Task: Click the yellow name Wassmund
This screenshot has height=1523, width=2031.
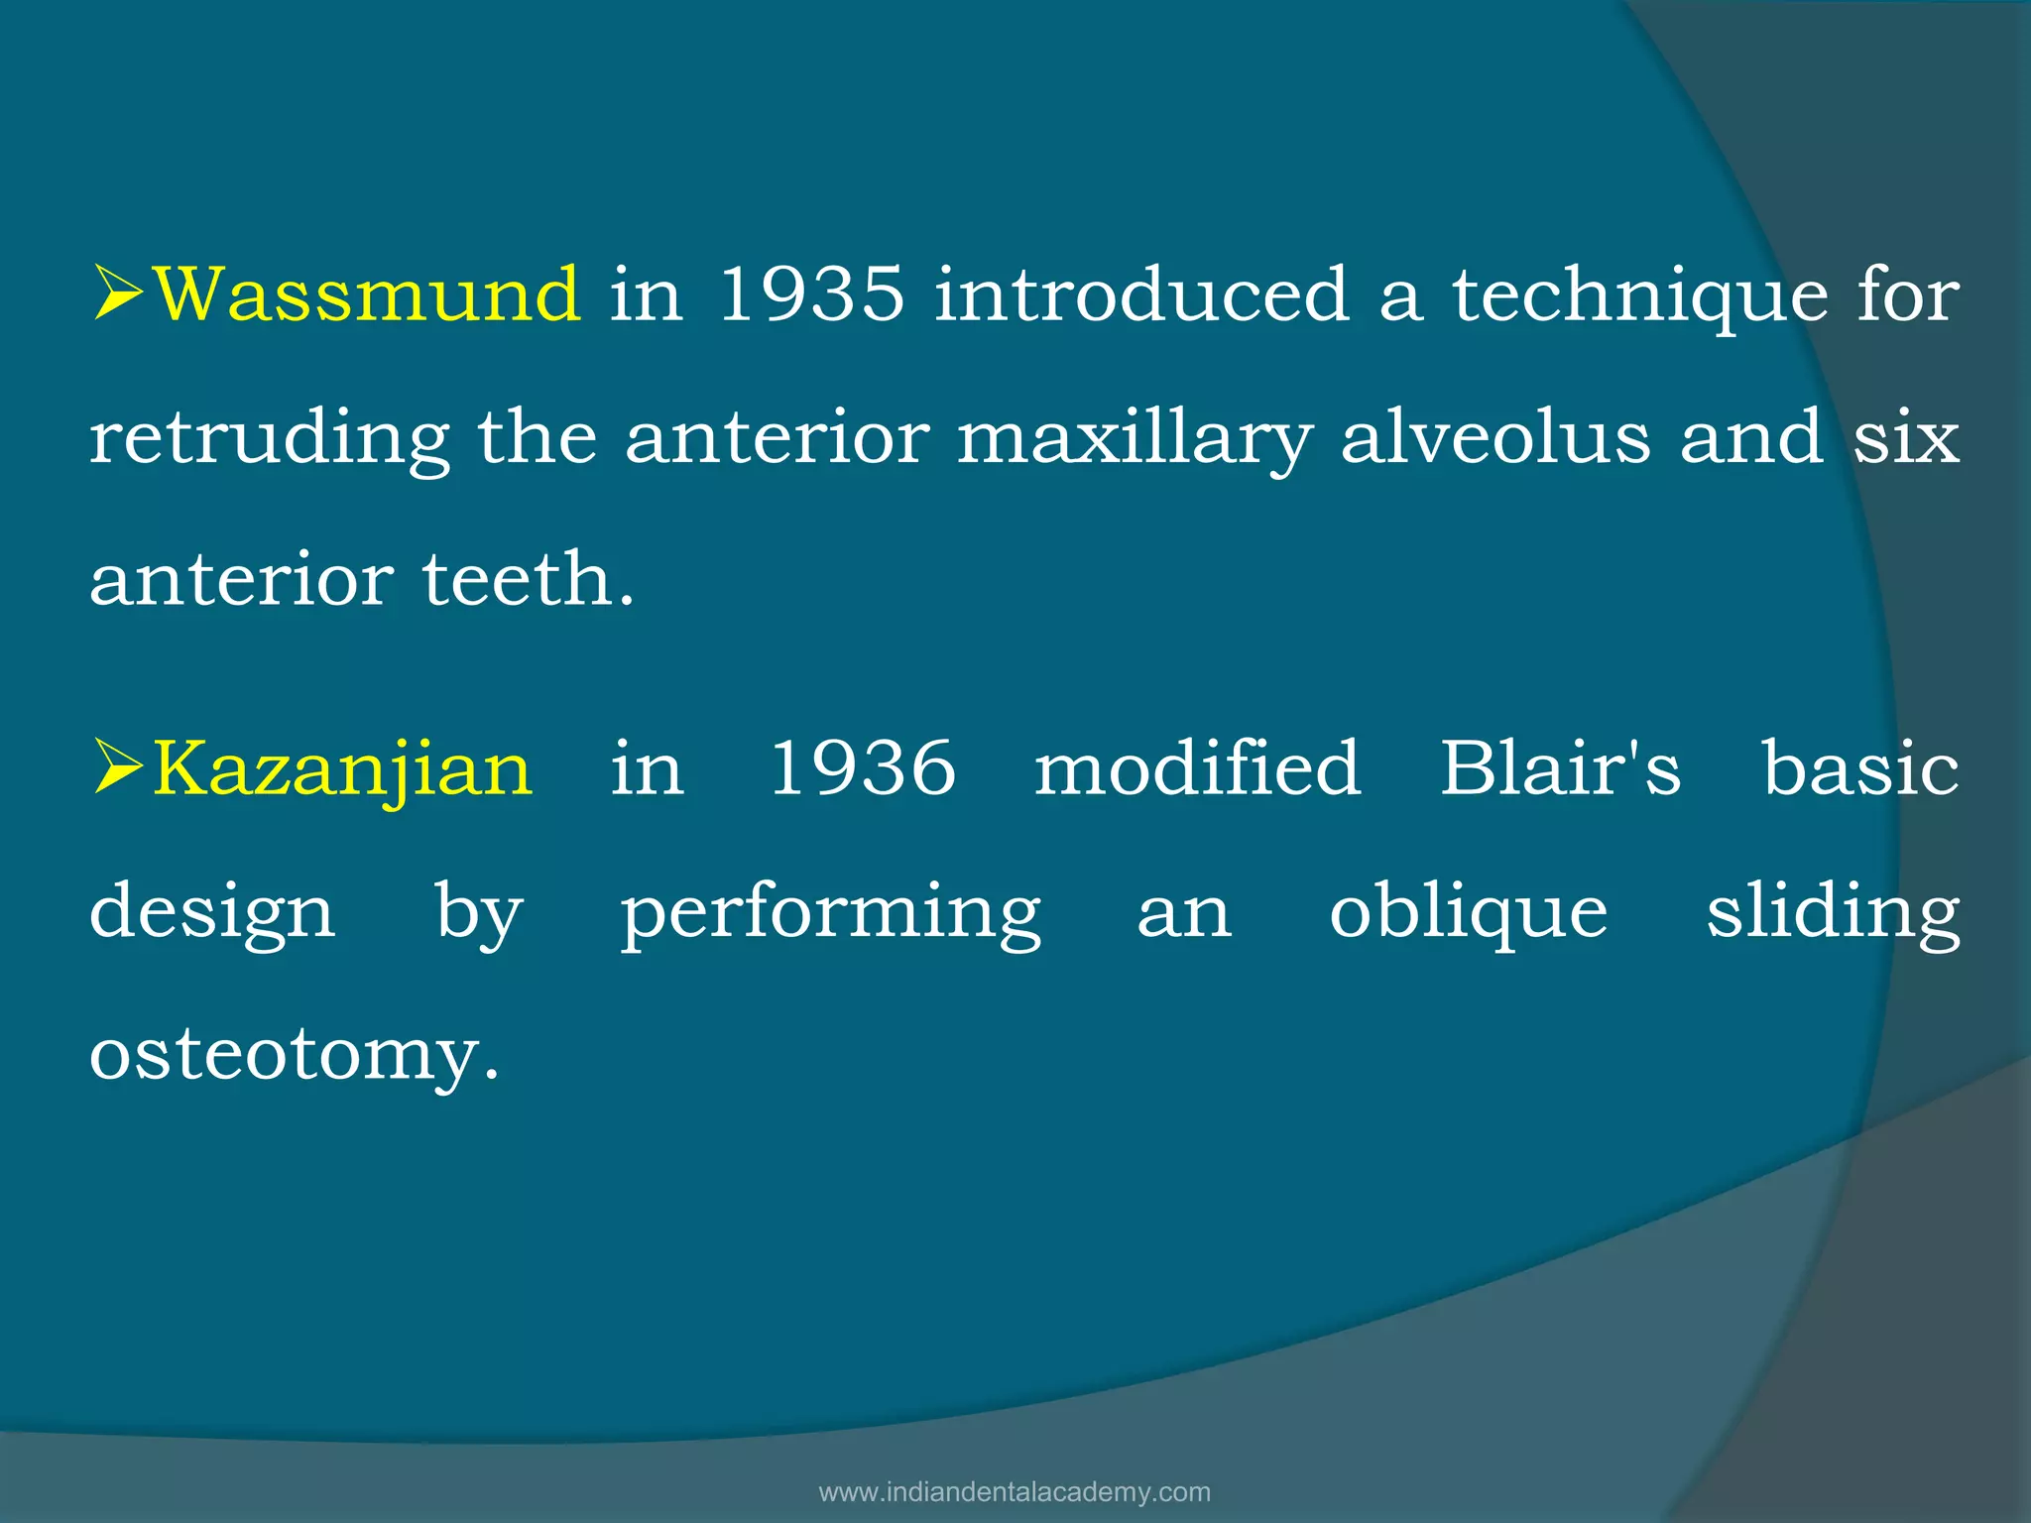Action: click(368, 294)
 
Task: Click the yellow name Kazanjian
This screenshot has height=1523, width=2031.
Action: click(343, 768)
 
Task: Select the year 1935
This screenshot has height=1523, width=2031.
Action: click(810, 294)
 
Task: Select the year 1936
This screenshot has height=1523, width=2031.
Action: click(863, 768)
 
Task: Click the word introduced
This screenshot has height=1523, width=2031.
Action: click(1141, 294)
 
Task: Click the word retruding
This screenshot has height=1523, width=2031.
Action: click(269, 439)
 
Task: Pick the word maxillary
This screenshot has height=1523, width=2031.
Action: click(1135, 439)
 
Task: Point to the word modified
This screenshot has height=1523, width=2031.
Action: click(1197, 768)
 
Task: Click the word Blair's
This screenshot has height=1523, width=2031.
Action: click(1560, 768)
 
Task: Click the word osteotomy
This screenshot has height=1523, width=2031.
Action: click(294, 1055)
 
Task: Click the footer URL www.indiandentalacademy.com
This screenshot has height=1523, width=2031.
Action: click(1015, 1492)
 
